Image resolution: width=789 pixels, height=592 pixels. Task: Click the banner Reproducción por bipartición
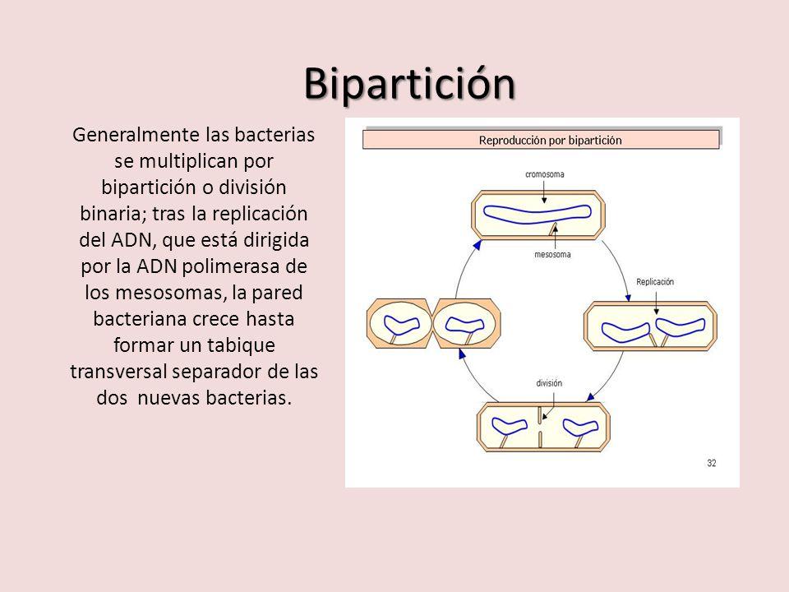point(550,140)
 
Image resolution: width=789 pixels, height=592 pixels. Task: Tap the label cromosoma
point(544,174)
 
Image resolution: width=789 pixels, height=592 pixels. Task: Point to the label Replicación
point(654,282)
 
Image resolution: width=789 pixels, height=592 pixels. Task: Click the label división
point(549,383)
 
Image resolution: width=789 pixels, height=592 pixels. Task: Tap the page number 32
point(712,464)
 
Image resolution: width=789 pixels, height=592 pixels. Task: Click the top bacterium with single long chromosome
point(538,214)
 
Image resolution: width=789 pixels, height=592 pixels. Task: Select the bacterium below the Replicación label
point(649,329)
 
